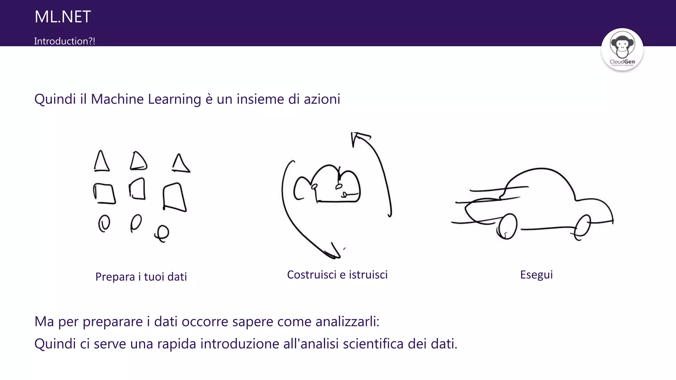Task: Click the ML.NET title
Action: (62, 17)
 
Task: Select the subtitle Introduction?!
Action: (64, 41)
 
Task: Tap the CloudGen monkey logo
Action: (622, 49)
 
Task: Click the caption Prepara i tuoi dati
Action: (141, 277)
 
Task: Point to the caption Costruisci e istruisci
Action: (337, 274)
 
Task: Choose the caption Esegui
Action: (536, 274)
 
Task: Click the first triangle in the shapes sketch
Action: (101, 162)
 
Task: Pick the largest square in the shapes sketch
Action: (174, 197)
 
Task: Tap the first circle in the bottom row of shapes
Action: (104, 224)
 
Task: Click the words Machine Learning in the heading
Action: (146, 99)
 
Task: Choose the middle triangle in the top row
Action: (138, 161)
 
